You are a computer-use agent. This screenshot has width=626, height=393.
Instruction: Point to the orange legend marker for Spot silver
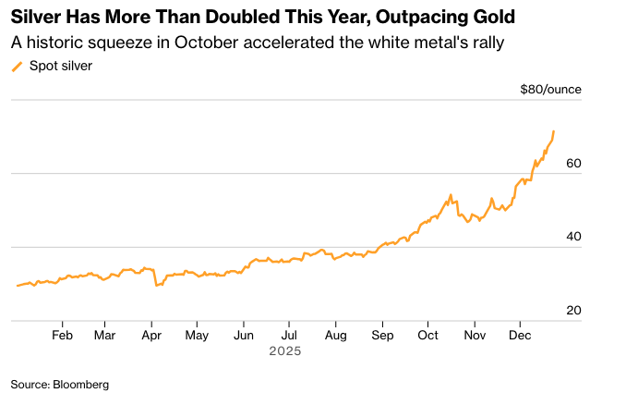pos(16,66)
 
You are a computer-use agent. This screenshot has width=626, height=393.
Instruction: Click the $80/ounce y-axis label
pos(550,90)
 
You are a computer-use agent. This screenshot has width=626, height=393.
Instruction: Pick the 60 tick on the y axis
pos(573,163)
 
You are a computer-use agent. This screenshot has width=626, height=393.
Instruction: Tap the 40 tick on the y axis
pos(573,237)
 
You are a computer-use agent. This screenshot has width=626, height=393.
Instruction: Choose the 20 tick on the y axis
pos(573,311)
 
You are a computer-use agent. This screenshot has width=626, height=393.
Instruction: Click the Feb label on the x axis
pos(63,335)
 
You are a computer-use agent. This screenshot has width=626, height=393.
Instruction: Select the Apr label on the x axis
pos(152,335)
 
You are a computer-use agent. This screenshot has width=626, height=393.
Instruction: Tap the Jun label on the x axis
pos(244,335)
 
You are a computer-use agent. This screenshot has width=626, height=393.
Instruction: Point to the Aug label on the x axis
pos(336,335)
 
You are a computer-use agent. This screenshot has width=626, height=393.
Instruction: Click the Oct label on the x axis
pos(427,335)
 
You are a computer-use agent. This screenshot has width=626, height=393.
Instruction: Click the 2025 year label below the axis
pos(284,351)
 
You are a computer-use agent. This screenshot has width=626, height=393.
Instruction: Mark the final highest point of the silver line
pos(554,131)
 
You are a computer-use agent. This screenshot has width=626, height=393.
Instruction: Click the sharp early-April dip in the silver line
pos(157,286)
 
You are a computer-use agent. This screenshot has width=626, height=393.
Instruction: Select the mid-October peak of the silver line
pos(451,195)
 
